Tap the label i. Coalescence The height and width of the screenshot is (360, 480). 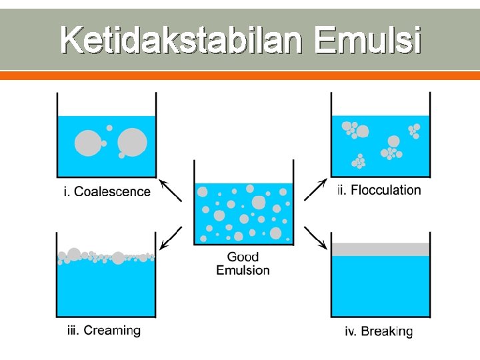pyautogui.click(x=107, y=192)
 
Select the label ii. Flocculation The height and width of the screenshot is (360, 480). pyautogui.click(x=379, y=190)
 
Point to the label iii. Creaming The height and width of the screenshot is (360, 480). pyautogui.click(x=103, y=330)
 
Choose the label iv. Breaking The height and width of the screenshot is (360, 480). pyautogui.click(x=379, y=331)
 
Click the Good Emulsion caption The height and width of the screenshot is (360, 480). pyautogui.click(x=243, y=263)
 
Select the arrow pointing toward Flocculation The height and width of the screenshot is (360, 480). pyautogui.click(x=315, y=189)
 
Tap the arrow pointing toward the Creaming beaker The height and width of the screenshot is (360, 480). pyautogui.click(x=171, y=237)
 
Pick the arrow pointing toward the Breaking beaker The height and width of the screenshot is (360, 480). pyautogui.click(x=315, y=238)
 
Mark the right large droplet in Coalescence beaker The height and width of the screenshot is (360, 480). pyautogui.click(x=132, y=142)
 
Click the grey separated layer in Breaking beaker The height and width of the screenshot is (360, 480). pyautogui.click(x=381, y=249)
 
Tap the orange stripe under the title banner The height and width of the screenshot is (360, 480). pyautogui.click(x=240, y=76)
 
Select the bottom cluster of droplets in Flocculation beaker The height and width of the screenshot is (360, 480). pyautogui.click(x=359, y=161)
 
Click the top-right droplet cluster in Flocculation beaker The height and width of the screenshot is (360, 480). pyautogui.click(x=413, y=130)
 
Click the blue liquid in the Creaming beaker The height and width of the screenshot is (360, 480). pyautogui.click(x=106, y=290)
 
